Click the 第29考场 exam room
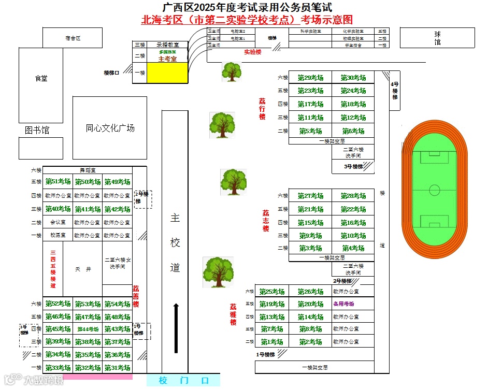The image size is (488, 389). tap(310, 78)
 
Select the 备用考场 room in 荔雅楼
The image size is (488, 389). tap(343, 304)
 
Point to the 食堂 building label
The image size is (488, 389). tap(41, 78)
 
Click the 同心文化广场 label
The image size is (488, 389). tap(110, 128)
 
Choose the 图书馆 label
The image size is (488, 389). tap(37, 131)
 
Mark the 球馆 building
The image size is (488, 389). tap(438, 38)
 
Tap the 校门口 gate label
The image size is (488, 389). tap(183, 381)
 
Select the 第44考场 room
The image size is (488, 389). tap(88, 329)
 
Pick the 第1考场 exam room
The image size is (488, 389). tap(272, 342)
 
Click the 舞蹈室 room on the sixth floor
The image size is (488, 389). tap(87, 170)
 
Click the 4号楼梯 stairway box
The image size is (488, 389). tap(395, 91)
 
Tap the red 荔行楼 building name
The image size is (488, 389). tap(262, 109)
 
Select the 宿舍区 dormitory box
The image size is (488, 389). tap(73, 38)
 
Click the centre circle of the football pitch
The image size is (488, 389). tap(434, 190)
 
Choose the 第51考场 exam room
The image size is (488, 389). tap(58, 182)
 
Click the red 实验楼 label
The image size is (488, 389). tap(253, 52)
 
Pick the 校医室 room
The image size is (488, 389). tap(58, 235)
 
